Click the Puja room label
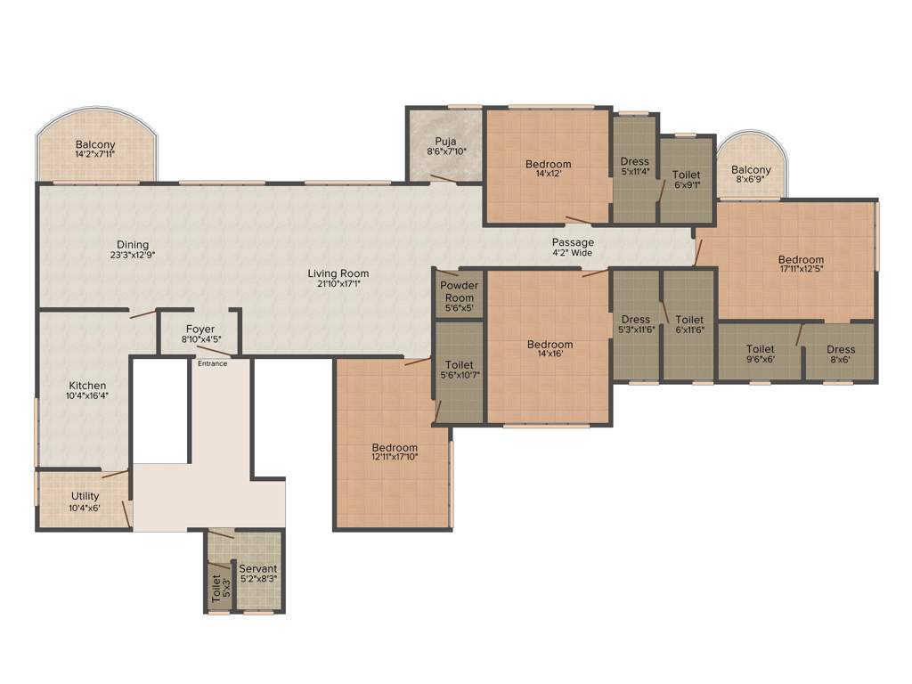[445, 146]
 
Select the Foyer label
[200, 334]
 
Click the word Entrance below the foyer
[212, 363]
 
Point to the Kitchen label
[86, 390]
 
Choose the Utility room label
[85, 501]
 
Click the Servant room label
[257, 573]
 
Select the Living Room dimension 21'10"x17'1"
[338, 284]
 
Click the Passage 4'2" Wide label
[573, 248]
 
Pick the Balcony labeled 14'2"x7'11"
[95, 149]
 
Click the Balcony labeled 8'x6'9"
[751, 175]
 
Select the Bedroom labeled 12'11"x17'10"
[395, 452]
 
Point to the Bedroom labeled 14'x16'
[550, 350]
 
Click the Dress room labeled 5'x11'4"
[635, 167]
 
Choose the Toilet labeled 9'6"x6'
[760, 354]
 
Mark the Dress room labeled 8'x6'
[840, 354]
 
